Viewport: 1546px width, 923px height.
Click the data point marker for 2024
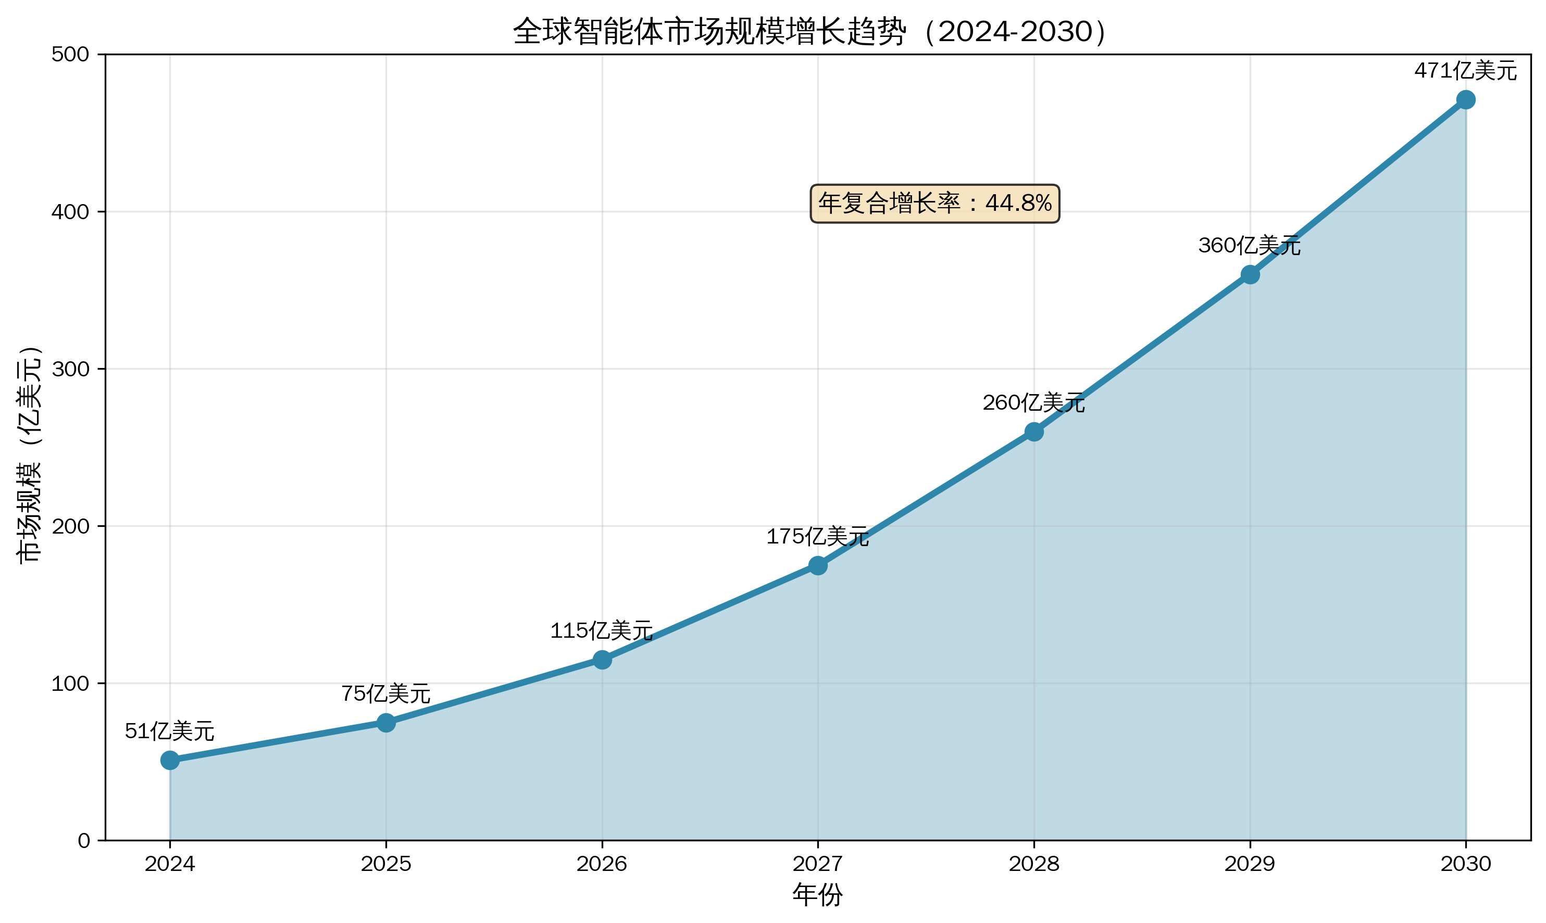click(x=170, y=760)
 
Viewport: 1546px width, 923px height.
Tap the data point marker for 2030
click(x=1466, y=99)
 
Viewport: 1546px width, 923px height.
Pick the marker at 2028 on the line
click(x=1034, y=432)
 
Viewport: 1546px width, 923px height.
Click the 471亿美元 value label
click(x=1466, y=71)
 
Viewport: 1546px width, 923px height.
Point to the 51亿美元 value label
click(x=170, y=731)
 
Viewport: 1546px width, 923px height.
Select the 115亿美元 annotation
click(x=602, y=630)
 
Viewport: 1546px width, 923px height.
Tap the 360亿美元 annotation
click(x=1249, y=246)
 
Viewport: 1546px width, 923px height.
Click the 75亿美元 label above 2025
click(x=386, y=693)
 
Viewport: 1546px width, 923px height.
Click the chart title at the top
click(x=810, y=32)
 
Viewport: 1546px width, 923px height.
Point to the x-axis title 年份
click(x=817, y=895)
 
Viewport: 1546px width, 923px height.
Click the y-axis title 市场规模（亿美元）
click(x=29, y=454)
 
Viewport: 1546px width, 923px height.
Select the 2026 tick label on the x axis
click(x=602, y=864)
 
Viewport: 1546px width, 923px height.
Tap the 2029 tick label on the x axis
click(x=1249, y=864)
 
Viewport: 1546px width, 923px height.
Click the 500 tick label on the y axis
click(x=70, y=55)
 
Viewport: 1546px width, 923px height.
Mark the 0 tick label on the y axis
click(x=84, y=841)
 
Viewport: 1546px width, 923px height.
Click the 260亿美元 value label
click(x=1034, y=403)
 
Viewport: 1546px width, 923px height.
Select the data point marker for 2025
click(x=386, y=723)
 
